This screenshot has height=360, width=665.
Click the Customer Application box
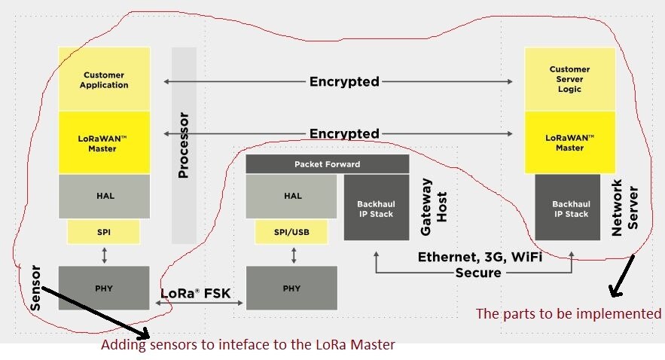pyautogui.click(x=105, y=80)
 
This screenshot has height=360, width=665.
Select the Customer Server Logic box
pyautogui.click(x=569, y=79)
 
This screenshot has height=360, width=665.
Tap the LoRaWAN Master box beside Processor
pyautogui.click(x=105, y=143)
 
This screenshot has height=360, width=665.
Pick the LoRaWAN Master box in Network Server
pyautogui.click(x=569, y=142)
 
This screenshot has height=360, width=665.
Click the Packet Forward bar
pyautogui.click(x=327, y=164)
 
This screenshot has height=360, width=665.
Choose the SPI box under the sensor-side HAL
pyautogui.click(x=105, y=232)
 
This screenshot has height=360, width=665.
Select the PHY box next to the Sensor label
pyautogui.click(x=105, y=288)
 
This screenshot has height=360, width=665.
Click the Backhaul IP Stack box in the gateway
pyautogui.click(x=377, y=209)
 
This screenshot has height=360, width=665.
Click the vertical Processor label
pyautogui.click(x=183, y=145)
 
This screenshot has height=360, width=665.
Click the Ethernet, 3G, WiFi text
pyautogui.click(x=480, y=258)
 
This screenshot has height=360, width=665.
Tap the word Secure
pyautogui.click(x=477, y=273)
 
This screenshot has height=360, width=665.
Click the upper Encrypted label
pyautogui.click(x=344, y=81)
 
